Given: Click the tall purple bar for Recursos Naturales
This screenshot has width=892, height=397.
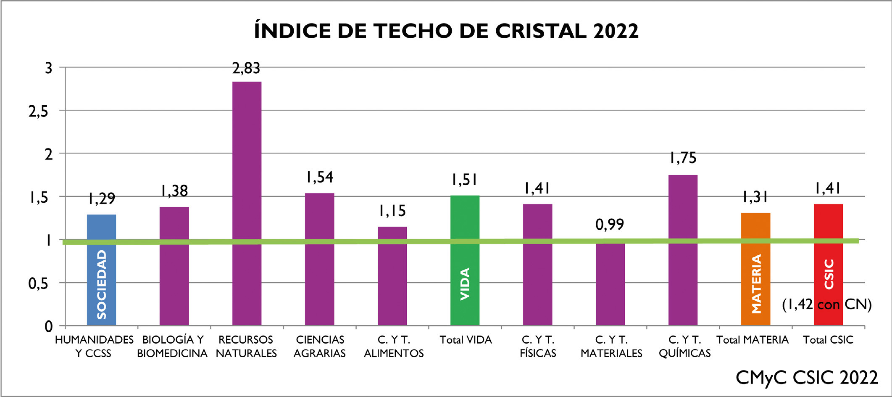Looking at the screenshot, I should pyautogui.click(x=247, y=202).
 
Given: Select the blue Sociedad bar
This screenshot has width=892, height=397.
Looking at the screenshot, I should pyautogui.click(x=101, y=269).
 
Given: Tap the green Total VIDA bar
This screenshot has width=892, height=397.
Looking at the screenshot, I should pyautogui.click(x=465, y=261).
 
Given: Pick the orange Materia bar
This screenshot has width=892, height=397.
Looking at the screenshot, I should pyautogui.click(x=755, y=269).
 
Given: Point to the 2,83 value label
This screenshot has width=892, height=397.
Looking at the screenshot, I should pyautogui.click(x=246, y=68).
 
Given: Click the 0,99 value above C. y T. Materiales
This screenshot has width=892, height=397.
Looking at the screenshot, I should pyautogui.click(x=610, y=225).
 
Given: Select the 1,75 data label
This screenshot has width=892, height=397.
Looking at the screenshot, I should pyautogui.click(x=683, y=158).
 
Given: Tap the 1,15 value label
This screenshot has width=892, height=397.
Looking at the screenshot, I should pyautogui.click(x=392, y=211).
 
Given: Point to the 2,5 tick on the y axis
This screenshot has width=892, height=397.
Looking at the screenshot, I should pyautogui.click(x=38, y=111).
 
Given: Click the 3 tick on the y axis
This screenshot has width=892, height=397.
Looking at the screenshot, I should pyautogui.click(x=49, y=68).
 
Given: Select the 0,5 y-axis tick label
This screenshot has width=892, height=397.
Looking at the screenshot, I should pyautogui.click(x=38, y=284).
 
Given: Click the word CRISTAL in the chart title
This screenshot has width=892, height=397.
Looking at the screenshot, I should pyautogui.click(x=541, y=31).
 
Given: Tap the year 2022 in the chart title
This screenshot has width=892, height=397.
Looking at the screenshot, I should pyautogui.click(x=616, y=31).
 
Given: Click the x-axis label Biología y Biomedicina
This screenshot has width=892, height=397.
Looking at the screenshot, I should pyautogui.click(x=172, y=346).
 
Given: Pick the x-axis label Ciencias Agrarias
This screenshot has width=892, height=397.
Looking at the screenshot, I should pyautogui.click(x=320, y=346).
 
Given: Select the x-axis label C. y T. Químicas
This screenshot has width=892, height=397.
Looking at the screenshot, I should pyautogui.click(x=684, y=346).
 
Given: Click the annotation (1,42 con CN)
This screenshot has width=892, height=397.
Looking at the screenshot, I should pyautogui.click(x=826, y=304).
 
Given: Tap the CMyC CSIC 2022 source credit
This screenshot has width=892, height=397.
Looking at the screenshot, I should pyautogui.click(x=806, y=377).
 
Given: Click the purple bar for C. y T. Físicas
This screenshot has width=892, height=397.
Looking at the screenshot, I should pyautogui.click(x=537, y=265).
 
